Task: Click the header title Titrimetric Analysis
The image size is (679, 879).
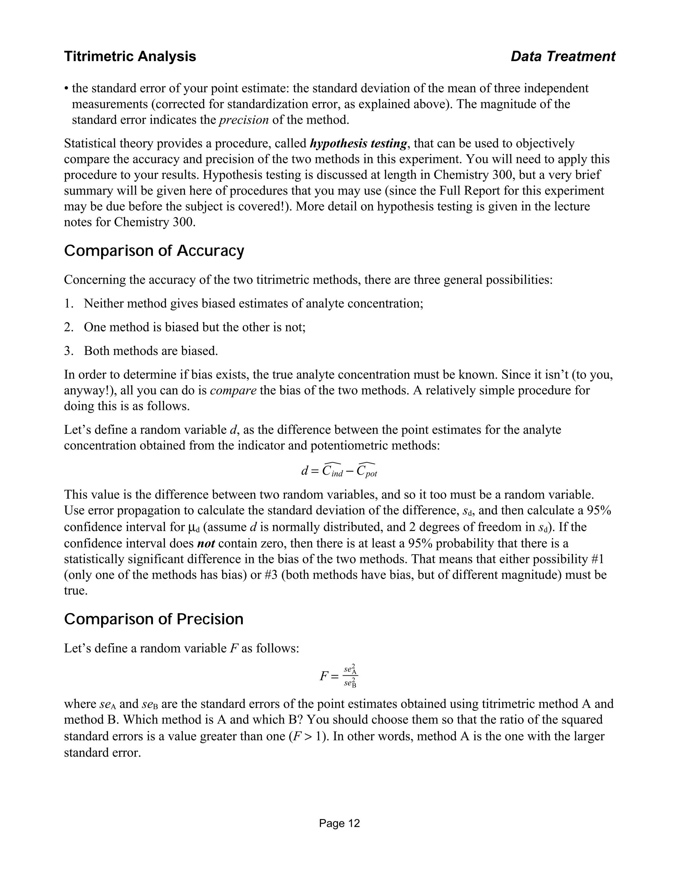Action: click(x=130, y=56)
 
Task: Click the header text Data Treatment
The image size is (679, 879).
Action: click(x=563, y=56)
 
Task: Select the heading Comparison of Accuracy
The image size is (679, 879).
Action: click(x=154, y=251)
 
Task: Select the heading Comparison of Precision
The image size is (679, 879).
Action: click(x=154, y=619)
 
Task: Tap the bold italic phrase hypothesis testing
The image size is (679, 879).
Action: click(x=358, y=144)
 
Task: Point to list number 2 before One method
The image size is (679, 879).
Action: click(x=68, y=327)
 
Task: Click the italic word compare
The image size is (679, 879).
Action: click(x=233, y=390)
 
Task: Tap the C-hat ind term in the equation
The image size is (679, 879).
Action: click(x=332, y=471)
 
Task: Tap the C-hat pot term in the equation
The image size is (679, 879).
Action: click(x=366, y=471)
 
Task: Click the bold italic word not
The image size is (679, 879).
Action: click(x=206, y=543)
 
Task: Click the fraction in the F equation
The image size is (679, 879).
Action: click(x=350, y=676)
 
